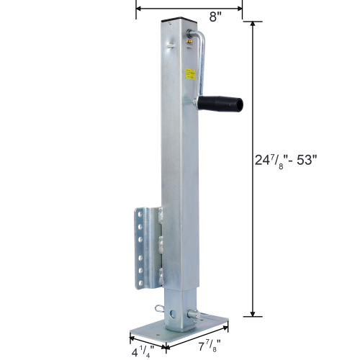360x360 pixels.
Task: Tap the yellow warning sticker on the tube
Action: tap(191, 73)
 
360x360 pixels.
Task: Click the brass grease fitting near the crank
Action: tap(189, 42)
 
